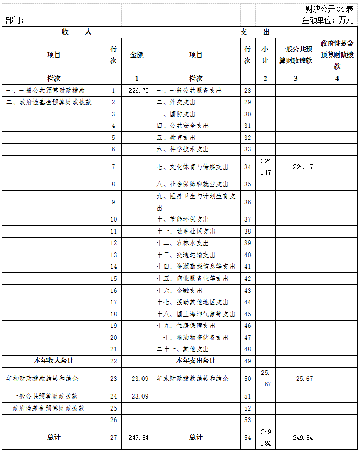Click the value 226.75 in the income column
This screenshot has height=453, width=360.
pos(137,91)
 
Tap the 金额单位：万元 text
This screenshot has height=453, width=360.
pos(328,20)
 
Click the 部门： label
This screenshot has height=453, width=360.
pos(15,20)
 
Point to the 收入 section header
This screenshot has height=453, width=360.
pos(77,32)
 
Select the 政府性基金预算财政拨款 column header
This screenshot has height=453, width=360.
pos(337,55)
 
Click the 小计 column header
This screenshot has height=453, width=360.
pos(265,55)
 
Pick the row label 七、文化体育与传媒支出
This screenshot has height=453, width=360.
pos(193,167)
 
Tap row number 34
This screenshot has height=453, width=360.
pos(248,167)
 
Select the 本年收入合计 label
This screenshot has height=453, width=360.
pos(54,361)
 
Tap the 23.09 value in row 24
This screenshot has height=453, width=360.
pos(137,396)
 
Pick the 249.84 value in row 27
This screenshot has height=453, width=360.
pos(137,437)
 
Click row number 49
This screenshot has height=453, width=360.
pos(248,361)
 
